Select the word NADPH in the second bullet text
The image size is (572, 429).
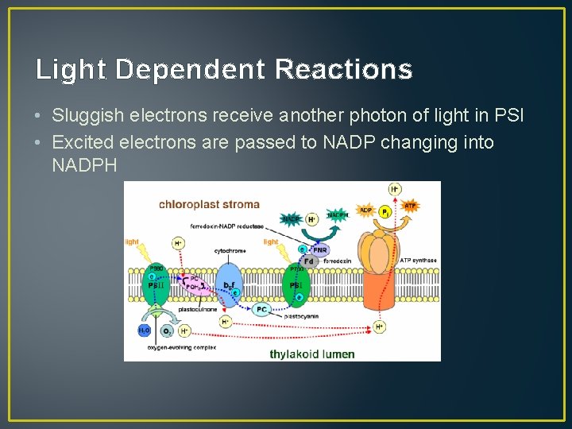83,165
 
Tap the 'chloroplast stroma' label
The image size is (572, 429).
209,205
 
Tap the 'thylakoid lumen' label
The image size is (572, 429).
311,354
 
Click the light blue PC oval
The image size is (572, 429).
262,310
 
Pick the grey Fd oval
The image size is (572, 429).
308,261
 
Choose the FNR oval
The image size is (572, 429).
319,248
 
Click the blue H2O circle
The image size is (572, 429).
144,330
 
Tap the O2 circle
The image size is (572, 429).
167,330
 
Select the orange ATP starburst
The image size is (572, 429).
410,206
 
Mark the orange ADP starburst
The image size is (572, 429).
365,210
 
